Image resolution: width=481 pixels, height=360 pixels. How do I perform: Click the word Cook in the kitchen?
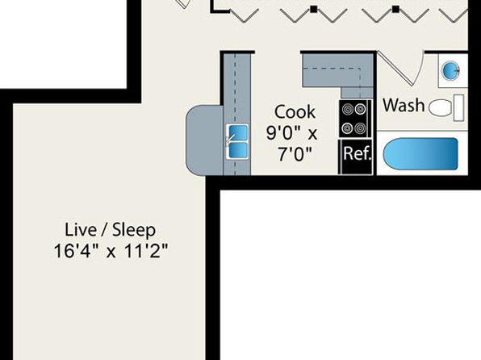[295, 111]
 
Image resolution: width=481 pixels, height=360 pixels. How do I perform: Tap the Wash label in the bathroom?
[404, 105]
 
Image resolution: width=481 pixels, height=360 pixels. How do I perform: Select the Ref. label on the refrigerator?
[358, 153]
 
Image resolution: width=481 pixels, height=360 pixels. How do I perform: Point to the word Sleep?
[134, 230]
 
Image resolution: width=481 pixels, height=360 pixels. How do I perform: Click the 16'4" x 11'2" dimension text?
[111, 251]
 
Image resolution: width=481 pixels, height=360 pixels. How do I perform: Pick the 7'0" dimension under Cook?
[295, 154]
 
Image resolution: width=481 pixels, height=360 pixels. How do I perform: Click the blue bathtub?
[420, 153]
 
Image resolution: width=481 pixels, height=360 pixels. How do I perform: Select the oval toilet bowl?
[440, 108]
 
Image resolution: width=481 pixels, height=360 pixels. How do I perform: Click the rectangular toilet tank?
[458, 108]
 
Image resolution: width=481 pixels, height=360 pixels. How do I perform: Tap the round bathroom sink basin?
[450, 71]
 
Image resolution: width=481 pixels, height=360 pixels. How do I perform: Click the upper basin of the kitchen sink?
[237, 132]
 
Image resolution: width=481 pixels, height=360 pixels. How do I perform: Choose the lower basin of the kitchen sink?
[238, 150]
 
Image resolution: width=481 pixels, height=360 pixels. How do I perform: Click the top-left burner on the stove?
[348, 109]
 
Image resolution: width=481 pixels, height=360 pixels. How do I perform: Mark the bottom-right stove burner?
[361, 128]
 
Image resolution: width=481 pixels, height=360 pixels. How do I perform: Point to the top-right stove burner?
[361, 109]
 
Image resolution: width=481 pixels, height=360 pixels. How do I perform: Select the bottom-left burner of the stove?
[348, 128]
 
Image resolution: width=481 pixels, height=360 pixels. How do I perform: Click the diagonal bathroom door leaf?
[395, 68]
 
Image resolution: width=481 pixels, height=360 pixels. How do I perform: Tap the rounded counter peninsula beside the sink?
[204, 140]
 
